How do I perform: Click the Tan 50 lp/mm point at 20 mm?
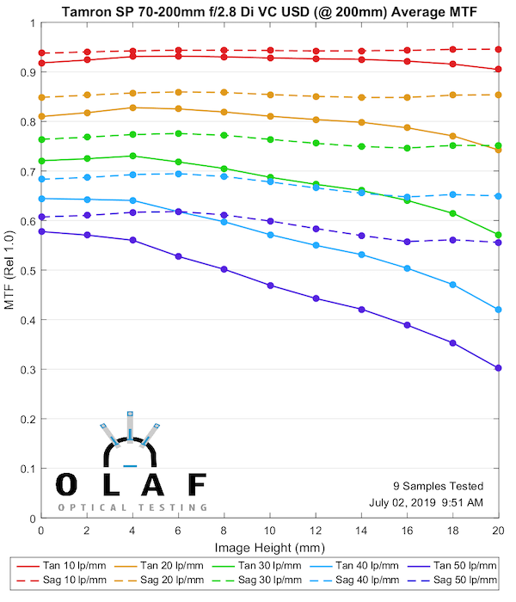coord(498,368)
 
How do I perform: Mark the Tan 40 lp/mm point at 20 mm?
coord(498,310)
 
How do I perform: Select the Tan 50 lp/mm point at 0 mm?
coord(41,231)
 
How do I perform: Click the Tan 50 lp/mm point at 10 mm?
coord(270,286)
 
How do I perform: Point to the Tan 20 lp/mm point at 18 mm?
coord(452,136)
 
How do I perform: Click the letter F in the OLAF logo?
coord(197,484)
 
